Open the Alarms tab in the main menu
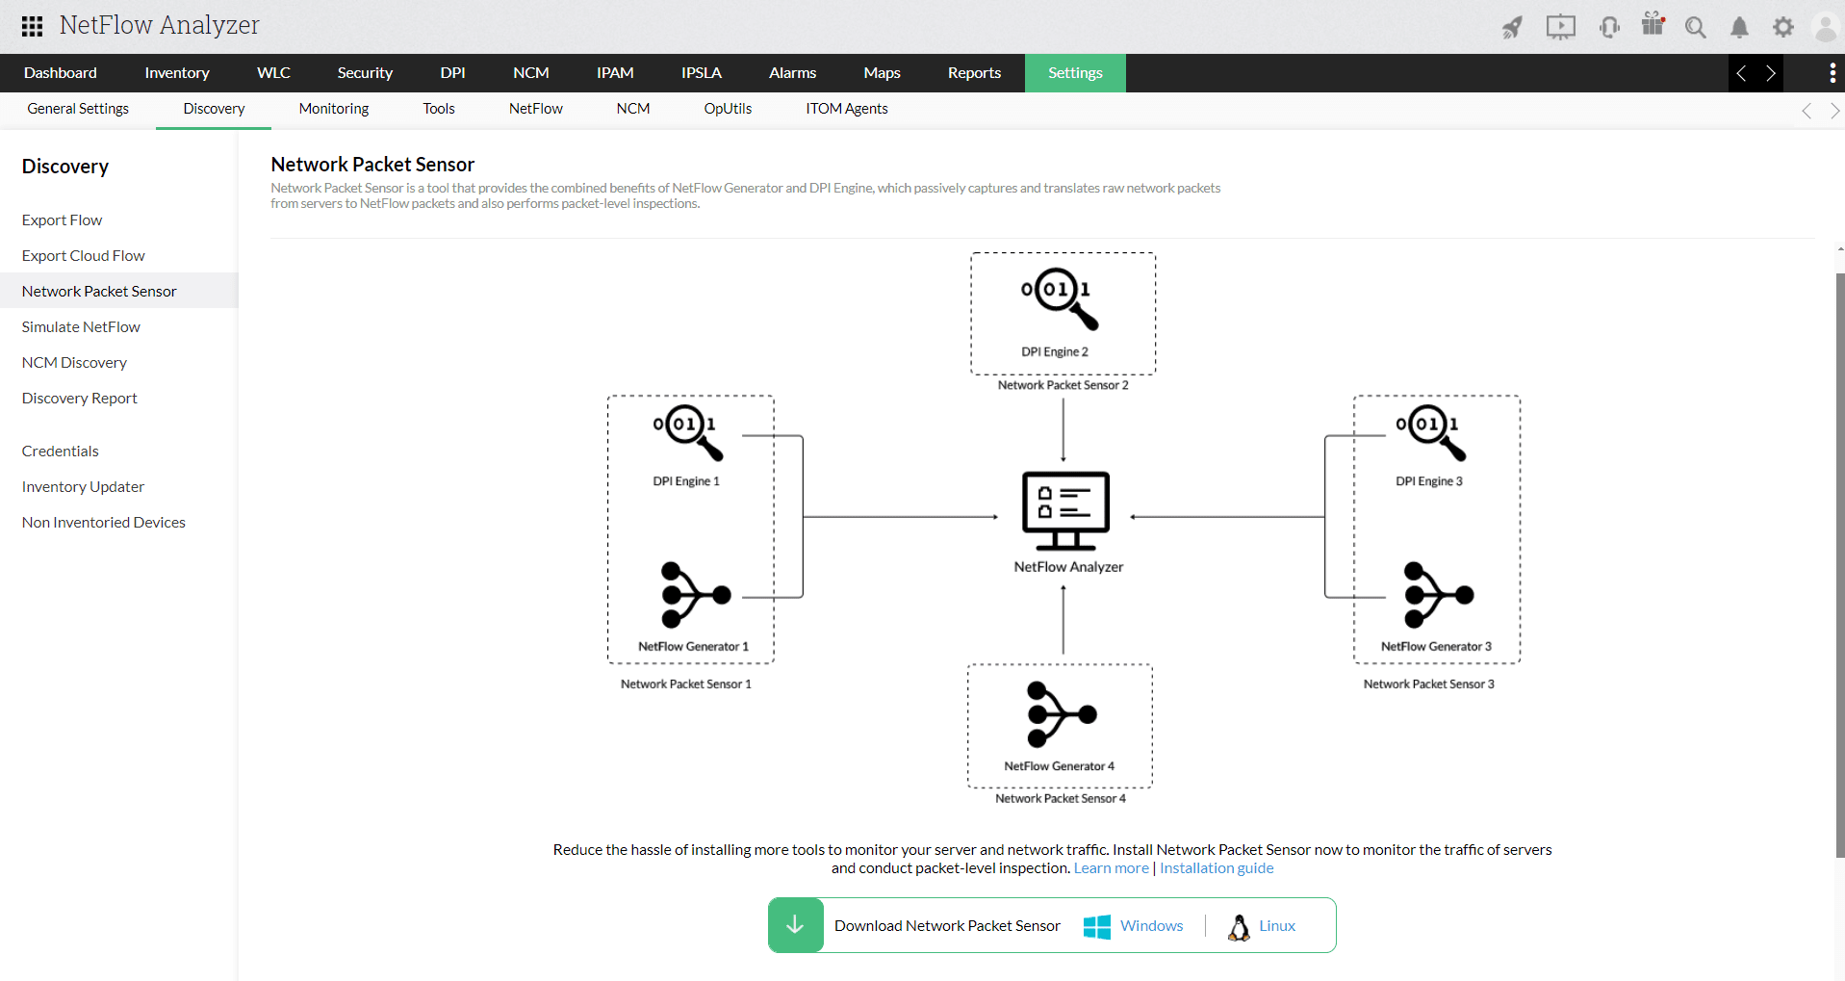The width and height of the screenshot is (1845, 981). coord(792,73)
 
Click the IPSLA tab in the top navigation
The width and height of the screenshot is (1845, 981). coord(701,73)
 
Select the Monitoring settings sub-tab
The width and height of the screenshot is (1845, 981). coord(333,109)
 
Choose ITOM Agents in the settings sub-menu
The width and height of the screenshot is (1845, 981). coord(846,109)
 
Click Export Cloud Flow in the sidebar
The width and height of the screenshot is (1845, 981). coord(84,256)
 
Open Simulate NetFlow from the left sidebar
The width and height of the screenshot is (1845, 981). coord(81,327)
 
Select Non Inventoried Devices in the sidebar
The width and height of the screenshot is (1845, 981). coord(104,523)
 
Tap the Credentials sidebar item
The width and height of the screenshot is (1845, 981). coord(61,452)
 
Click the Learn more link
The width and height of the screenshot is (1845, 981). coord(1111,868)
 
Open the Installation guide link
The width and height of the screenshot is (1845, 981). coord(1217,868)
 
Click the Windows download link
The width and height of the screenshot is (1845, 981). coord(1151,926)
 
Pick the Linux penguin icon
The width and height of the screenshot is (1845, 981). coord(1239,927)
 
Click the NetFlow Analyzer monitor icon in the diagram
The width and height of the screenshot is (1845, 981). coord(1065,509)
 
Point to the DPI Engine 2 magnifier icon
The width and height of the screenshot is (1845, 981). coord(1060,297)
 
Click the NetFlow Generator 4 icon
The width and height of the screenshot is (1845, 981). coord(1061,715)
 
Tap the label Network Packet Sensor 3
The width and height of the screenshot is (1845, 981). coord(1428,684)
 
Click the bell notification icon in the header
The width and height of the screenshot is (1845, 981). coord(1739,27)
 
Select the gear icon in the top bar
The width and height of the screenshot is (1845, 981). coord(1783,27)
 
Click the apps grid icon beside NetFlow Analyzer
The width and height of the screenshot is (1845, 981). coord(32,26)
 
